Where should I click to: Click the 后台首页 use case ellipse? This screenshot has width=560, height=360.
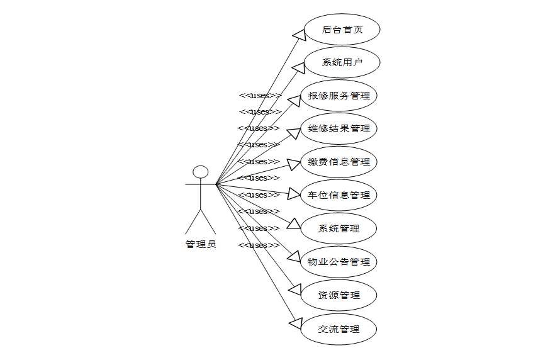(x=342, y=30)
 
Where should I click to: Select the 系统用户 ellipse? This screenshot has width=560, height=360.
(x=342, y=62)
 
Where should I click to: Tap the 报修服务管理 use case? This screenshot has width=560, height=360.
(x=339, y=96)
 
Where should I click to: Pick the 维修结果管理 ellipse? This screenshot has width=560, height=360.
(x=339, y=128)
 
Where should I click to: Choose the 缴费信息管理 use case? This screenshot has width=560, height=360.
(x=339, y=162)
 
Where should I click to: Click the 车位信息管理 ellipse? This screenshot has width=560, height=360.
(x=339, y=195)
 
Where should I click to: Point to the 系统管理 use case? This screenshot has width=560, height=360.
(x=339, y=228)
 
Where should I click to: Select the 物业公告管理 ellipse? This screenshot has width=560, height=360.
(x=339, y=262)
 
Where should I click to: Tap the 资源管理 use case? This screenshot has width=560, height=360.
(x=339, y=295)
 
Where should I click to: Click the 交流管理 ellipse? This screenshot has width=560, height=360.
(x=339, y=329)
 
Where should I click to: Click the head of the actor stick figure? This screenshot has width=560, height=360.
(x=200, y=172)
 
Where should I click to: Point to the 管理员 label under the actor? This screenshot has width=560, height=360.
(x=201, y=244)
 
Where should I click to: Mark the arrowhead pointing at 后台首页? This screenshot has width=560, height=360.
(x=299, y=35)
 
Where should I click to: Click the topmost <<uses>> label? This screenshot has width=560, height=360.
(x=260, y=96)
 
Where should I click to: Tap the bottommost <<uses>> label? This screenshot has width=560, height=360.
(x=259, y=245)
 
